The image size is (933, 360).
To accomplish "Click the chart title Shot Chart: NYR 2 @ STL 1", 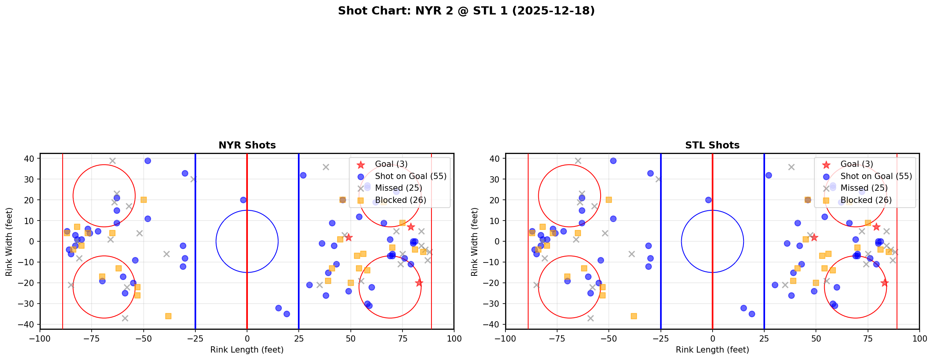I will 466,11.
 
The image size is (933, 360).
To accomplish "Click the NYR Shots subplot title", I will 247,145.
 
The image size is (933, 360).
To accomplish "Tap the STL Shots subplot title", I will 712,145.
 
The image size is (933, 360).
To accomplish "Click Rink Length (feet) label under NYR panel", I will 247,350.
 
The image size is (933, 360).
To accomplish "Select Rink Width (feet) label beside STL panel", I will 475,242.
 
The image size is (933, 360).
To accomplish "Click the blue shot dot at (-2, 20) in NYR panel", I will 243,200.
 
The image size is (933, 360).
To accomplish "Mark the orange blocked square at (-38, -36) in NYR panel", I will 168,316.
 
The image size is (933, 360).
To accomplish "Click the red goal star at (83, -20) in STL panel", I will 884,283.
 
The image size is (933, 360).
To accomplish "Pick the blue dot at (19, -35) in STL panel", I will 752,314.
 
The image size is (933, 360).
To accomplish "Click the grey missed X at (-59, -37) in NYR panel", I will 125,318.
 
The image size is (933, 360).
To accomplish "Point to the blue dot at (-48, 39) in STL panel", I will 613,161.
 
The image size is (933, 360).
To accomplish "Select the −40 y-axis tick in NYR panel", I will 29,324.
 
